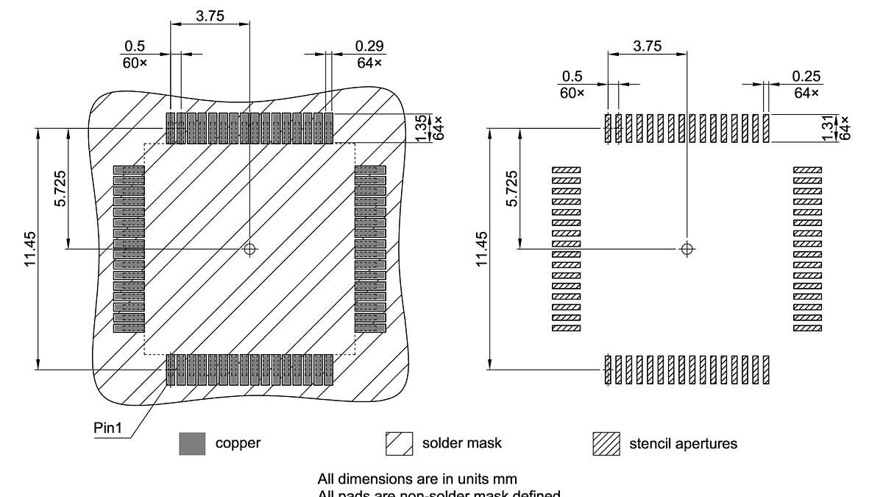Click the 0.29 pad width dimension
pos(369,46)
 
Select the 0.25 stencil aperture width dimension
pos(806,76)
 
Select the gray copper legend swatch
pos(192,443)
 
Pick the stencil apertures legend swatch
pos(606,443)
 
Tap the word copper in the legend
pos(237,443)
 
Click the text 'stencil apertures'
pos(683,443)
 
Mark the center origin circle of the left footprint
pos(250,249)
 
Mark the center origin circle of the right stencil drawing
pos(687,249)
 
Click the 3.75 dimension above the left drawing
pos(210,15)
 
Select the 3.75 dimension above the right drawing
pos(647,46)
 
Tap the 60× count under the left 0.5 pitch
pos(135,63)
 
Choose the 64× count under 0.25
pos(806,93)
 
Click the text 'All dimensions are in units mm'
pos(422,479)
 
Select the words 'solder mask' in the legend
pos(461,443)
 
